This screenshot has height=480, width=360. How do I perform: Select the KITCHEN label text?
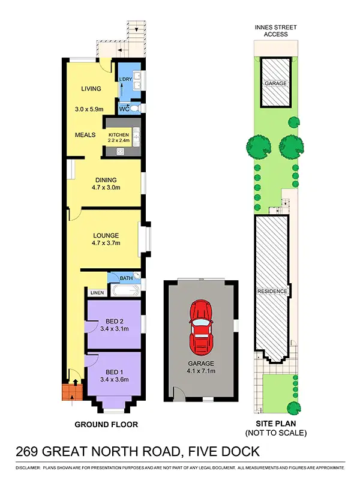(x=118, y=135)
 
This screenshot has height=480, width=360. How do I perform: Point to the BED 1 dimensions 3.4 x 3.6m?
(x=114, y=379)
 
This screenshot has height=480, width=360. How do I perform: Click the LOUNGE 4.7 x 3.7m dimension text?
(x=106, y=243)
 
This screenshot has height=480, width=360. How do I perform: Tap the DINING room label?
(x=106, y=179)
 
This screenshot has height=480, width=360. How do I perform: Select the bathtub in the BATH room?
(x=124, y=291)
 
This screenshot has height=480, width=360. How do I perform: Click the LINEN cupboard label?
(x=97, y=293)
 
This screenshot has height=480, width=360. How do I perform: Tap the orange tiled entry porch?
(x=70, y=393)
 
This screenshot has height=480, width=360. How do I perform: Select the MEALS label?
(x=85, y=135)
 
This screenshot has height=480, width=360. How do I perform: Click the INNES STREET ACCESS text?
(x=275, y=31)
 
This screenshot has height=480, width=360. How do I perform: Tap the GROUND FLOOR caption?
(x=106, y=424)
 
